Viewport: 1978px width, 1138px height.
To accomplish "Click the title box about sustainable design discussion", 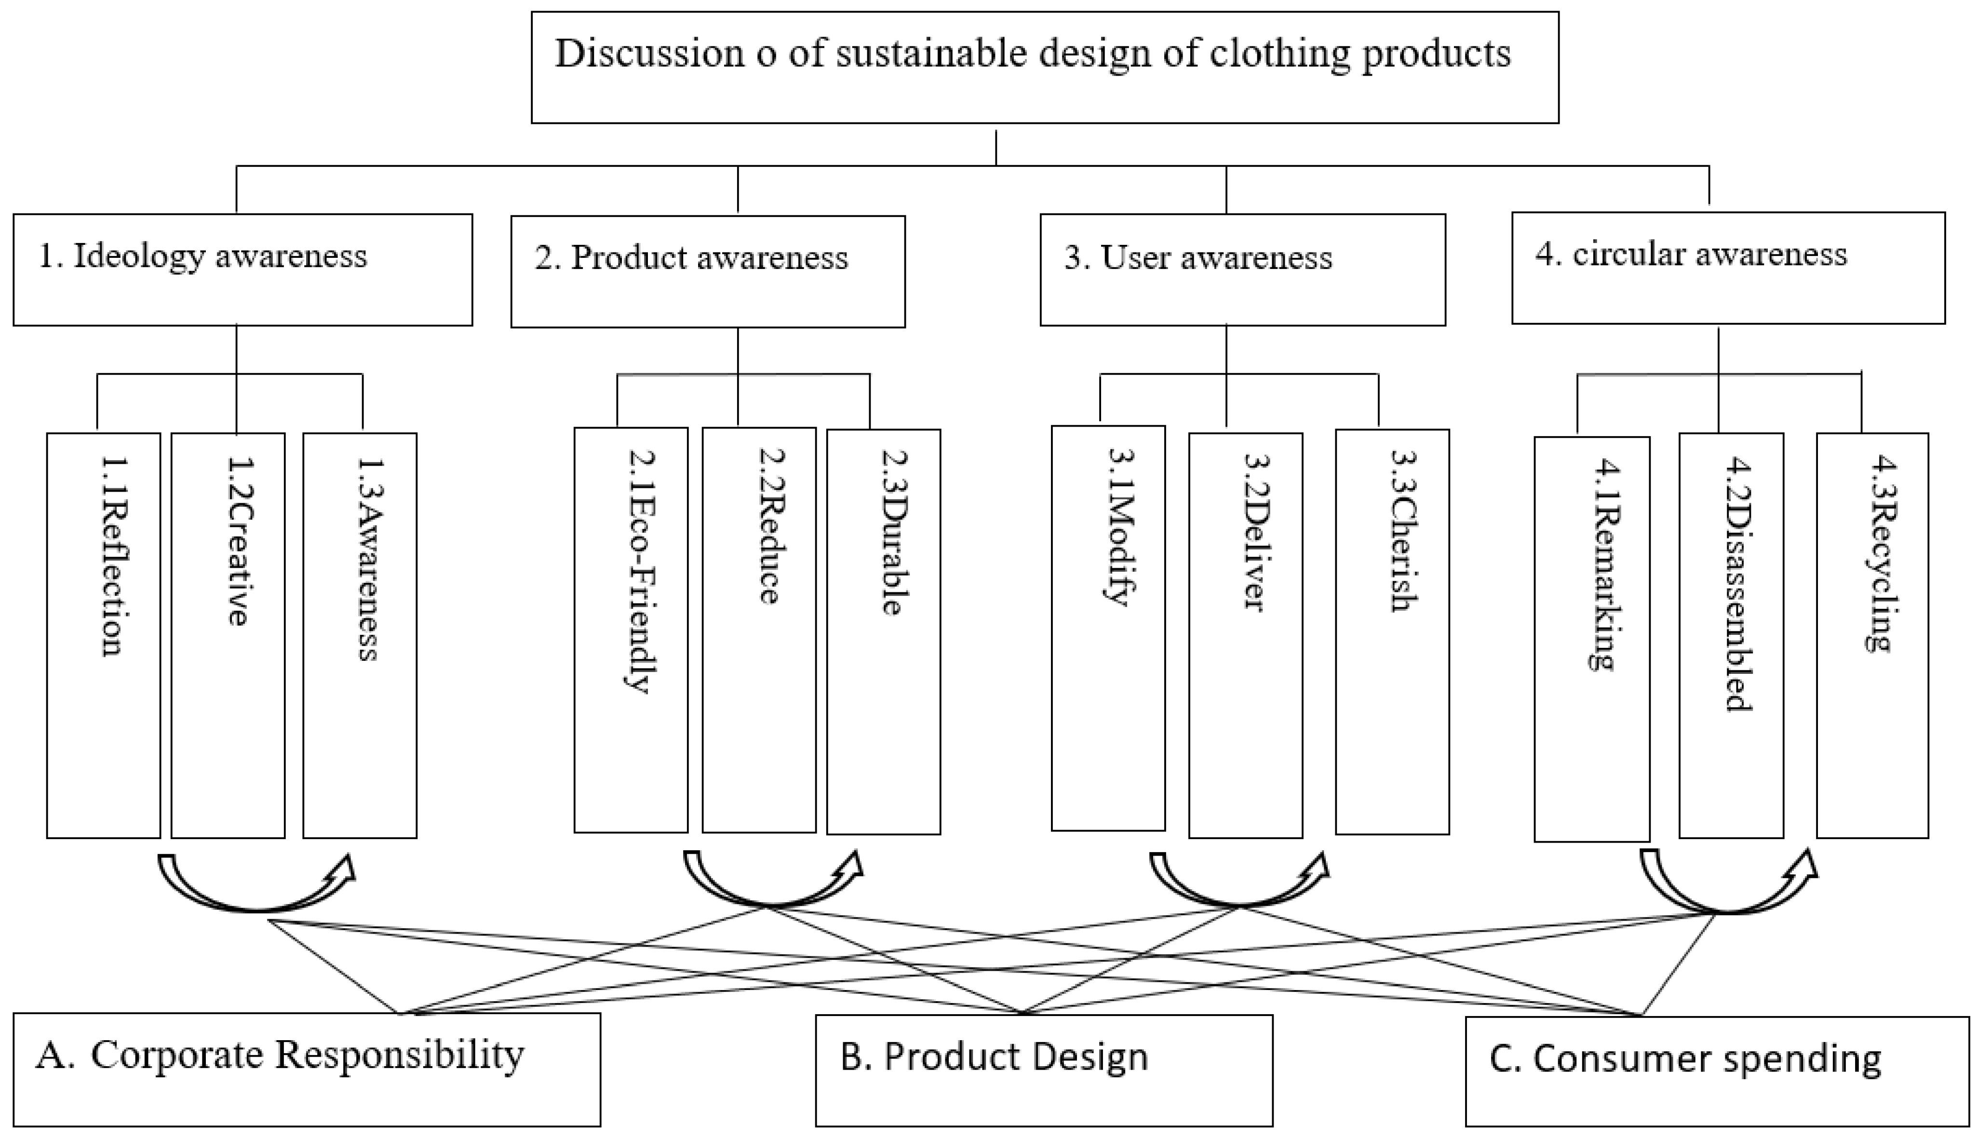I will tap(1044, 67).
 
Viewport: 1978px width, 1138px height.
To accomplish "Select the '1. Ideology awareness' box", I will tap(242, 269).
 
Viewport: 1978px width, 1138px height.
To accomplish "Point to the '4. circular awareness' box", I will tap(1728, 268).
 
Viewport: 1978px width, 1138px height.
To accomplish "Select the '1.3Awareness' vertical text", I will tap(367, 558).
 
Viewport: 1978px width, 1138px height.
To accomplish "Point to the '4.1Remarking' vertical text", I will tap(1601, 563).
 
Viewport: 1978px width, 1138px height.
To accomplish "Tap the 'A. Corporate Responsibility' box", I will tap(306, 1069).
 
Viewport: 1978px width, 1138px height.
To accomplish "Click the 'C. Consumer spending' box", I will tap(1716, 1071).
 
